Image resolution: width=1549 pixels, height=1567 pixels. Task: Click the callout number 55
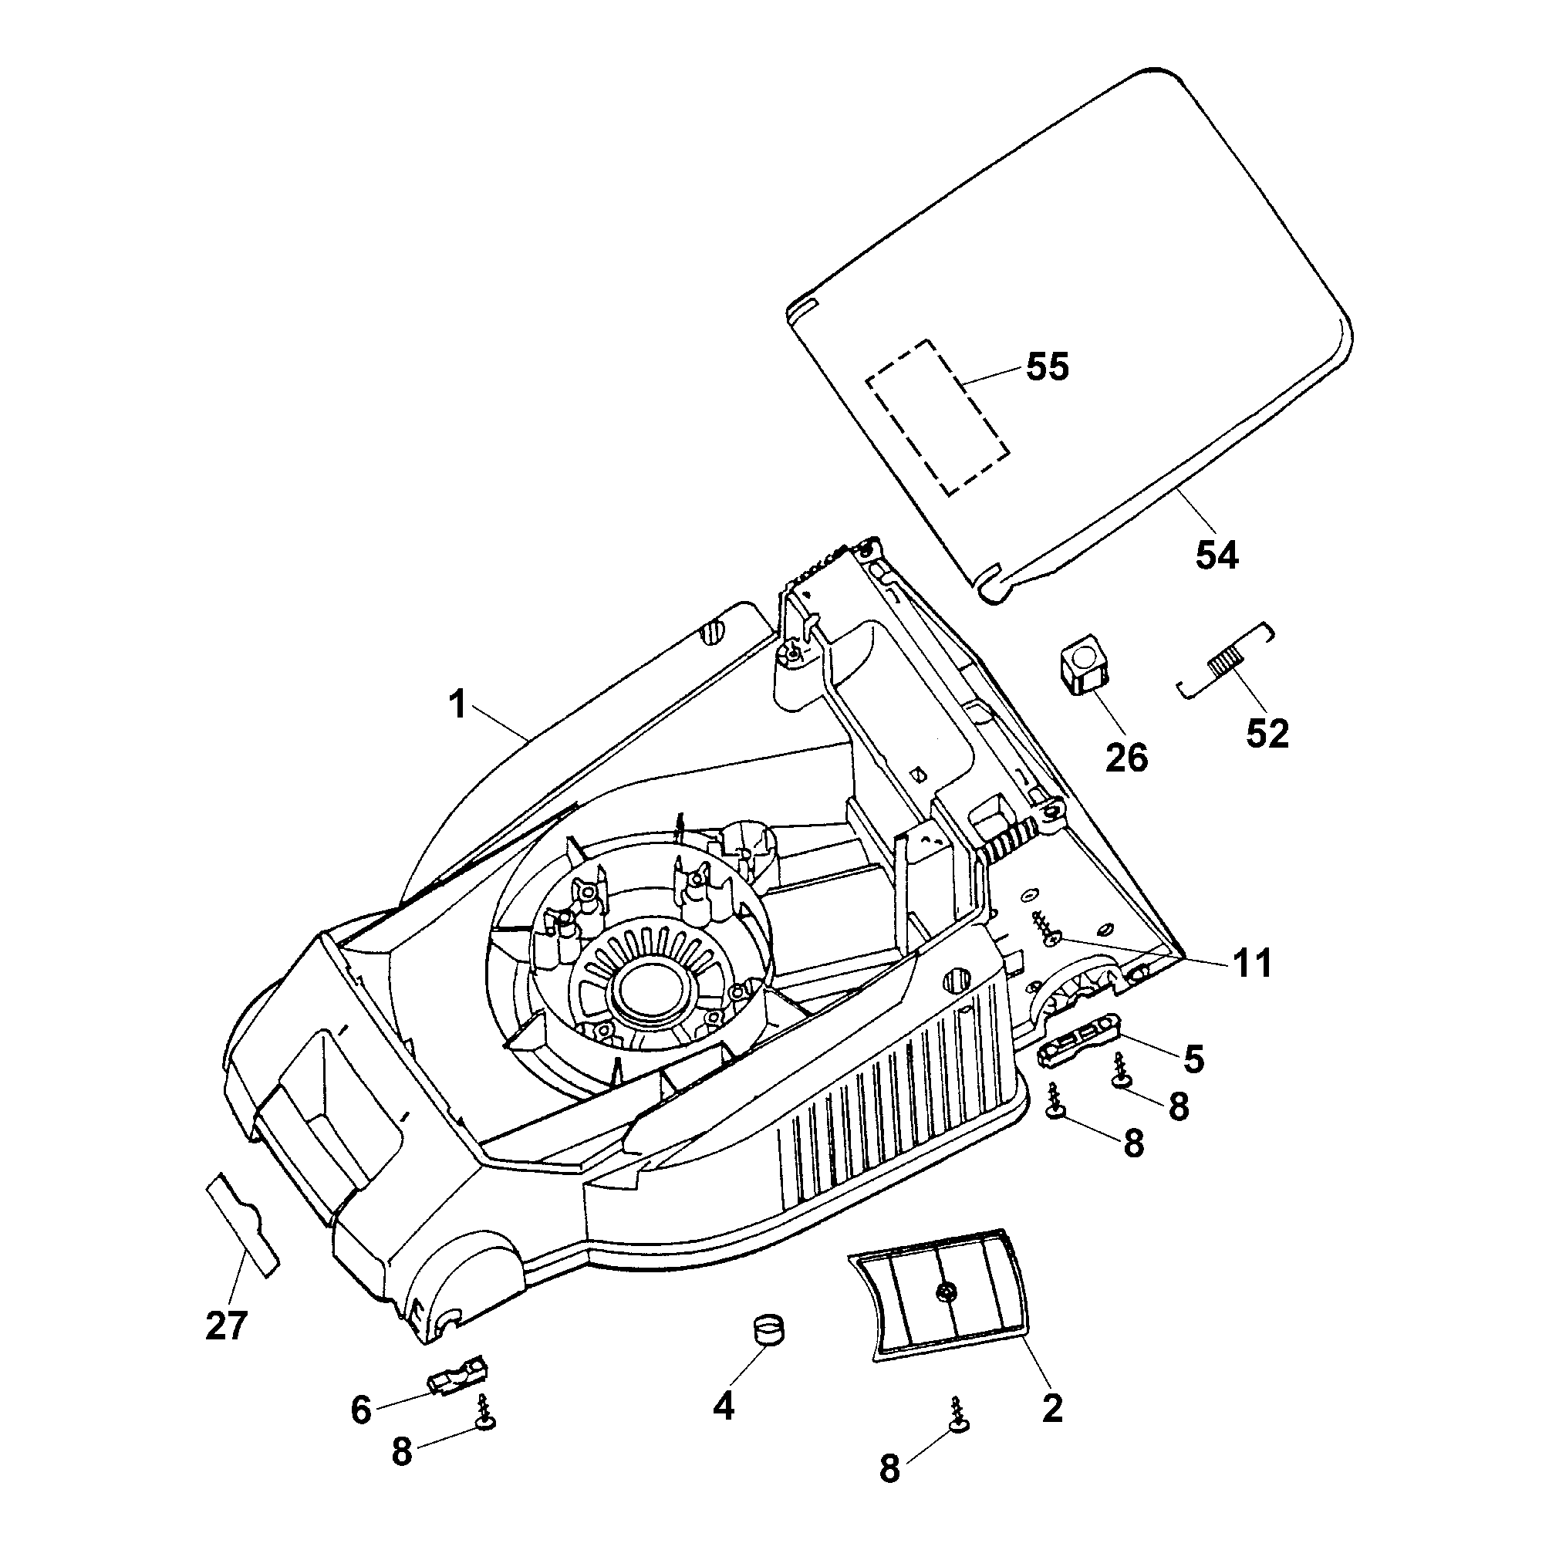pos(1047,366)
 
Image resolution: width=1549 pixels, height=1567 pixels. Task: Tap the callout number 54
pos(1217,556)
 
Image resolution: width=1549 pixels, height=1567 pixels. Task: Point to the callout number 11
pos(1252,964)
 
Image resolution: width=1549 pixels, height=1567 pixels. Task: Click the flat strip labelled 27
pos(242,1224)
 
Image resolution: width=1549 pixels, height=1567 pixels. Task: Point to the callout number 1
pos(458,704)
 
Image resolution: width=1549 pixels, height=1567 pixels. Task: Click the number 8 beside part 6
pos(401,1451)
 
